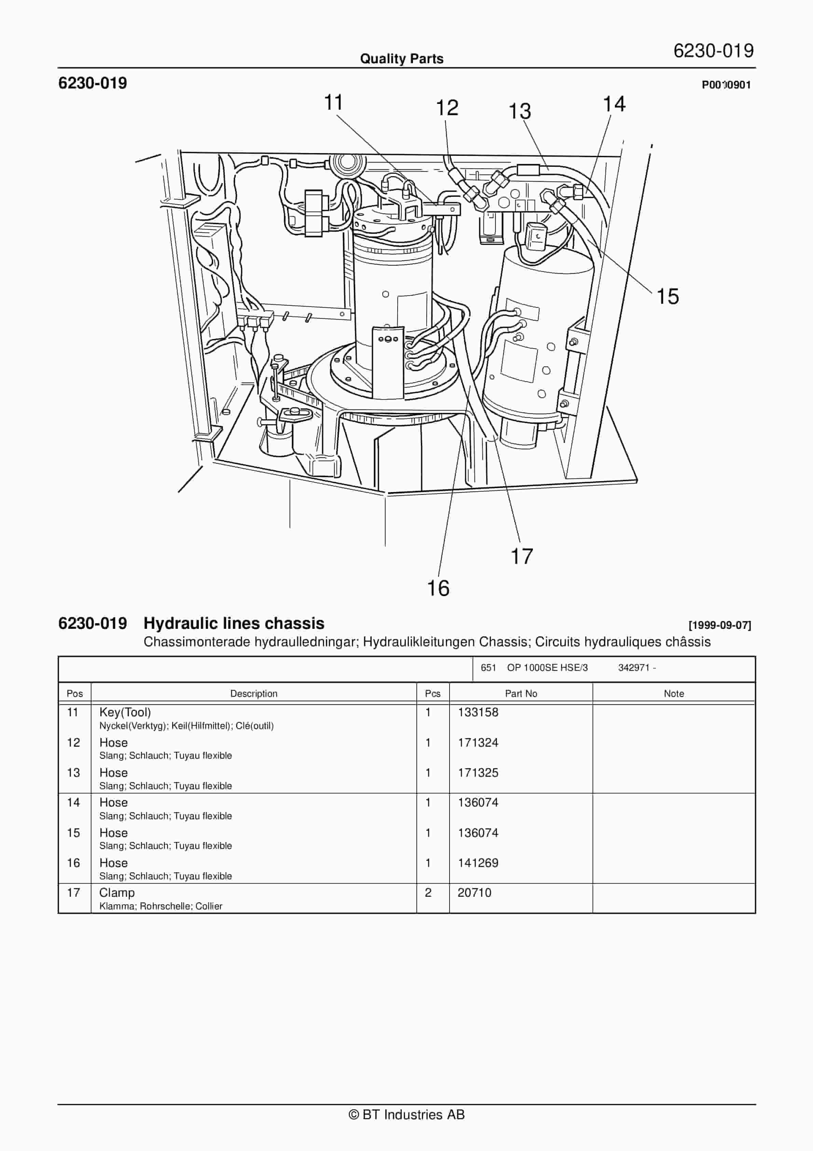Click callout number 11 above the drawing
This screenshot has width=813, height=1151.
333,103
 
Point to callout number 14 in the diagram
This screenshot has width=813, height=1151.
614,104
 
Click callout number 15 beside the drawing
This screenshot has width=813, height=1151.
667,297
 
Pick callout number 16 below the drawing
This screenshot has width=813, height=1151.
438,588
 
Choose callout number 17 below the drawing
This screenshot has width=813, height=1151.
521,556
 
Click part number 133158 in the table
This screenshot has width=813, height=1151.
478,712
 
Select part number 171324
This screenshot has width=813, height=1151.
478,742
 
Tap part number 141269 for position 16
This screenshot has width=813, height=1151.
478,863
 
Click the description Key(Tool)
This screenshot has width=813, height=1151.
125,712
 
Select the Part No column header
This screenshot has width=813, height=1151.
521,693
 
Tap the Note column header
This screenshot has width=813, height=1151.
673,693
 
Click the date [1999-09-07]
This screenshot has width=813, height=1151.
719,625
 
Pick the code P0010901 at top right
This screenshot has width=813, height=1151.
726,85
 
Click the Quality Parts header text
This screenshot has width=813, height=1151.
401,59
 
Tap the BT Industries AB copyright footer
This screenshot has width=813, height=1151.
406,1114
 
